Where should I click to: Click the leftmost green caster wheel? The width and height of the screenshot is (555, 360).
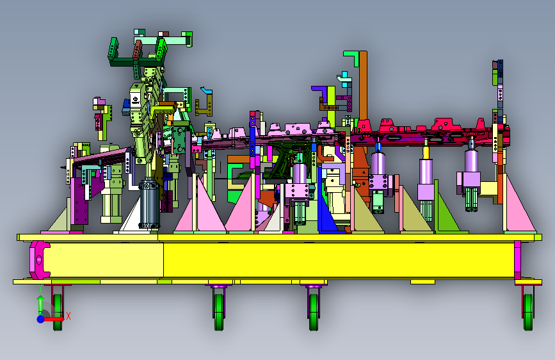(x=58, y=312)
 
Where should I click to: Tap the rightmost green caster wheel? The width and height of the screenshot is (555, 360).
(x=528, y=312)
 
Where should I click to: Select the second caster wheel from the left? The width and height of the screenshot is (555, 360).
(x=219, y=312)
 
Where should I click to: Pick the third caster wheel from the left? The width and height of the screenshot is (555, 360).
(x=314, y=312)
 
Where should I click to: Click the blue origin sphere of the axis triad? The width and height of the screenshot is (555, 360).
(x=40, y=319)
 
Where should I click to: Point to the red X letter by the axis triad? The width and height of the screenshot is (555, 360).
(x=68, y=316)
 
